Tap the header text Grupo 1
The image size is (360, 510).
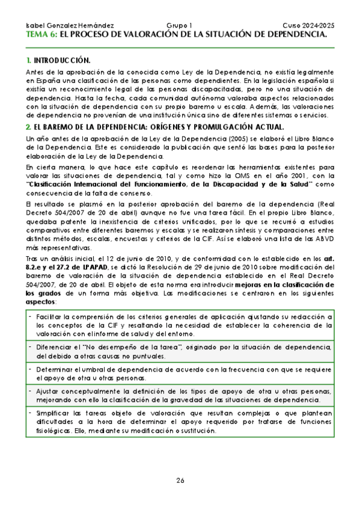[179, 26]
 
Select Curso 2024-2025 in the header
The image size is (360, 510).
[308, 26]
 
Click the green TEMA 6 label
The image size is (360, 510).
[42, 35]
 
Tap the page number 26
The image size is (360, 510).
[180, 480]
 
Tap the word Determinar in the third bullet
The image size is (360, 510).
[55, 369]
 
